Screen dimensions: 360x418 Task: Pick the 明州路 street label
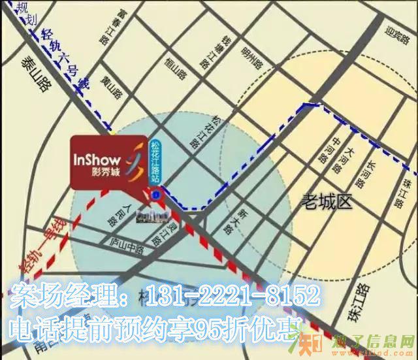pyautogui.click(x=251, y=57)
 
